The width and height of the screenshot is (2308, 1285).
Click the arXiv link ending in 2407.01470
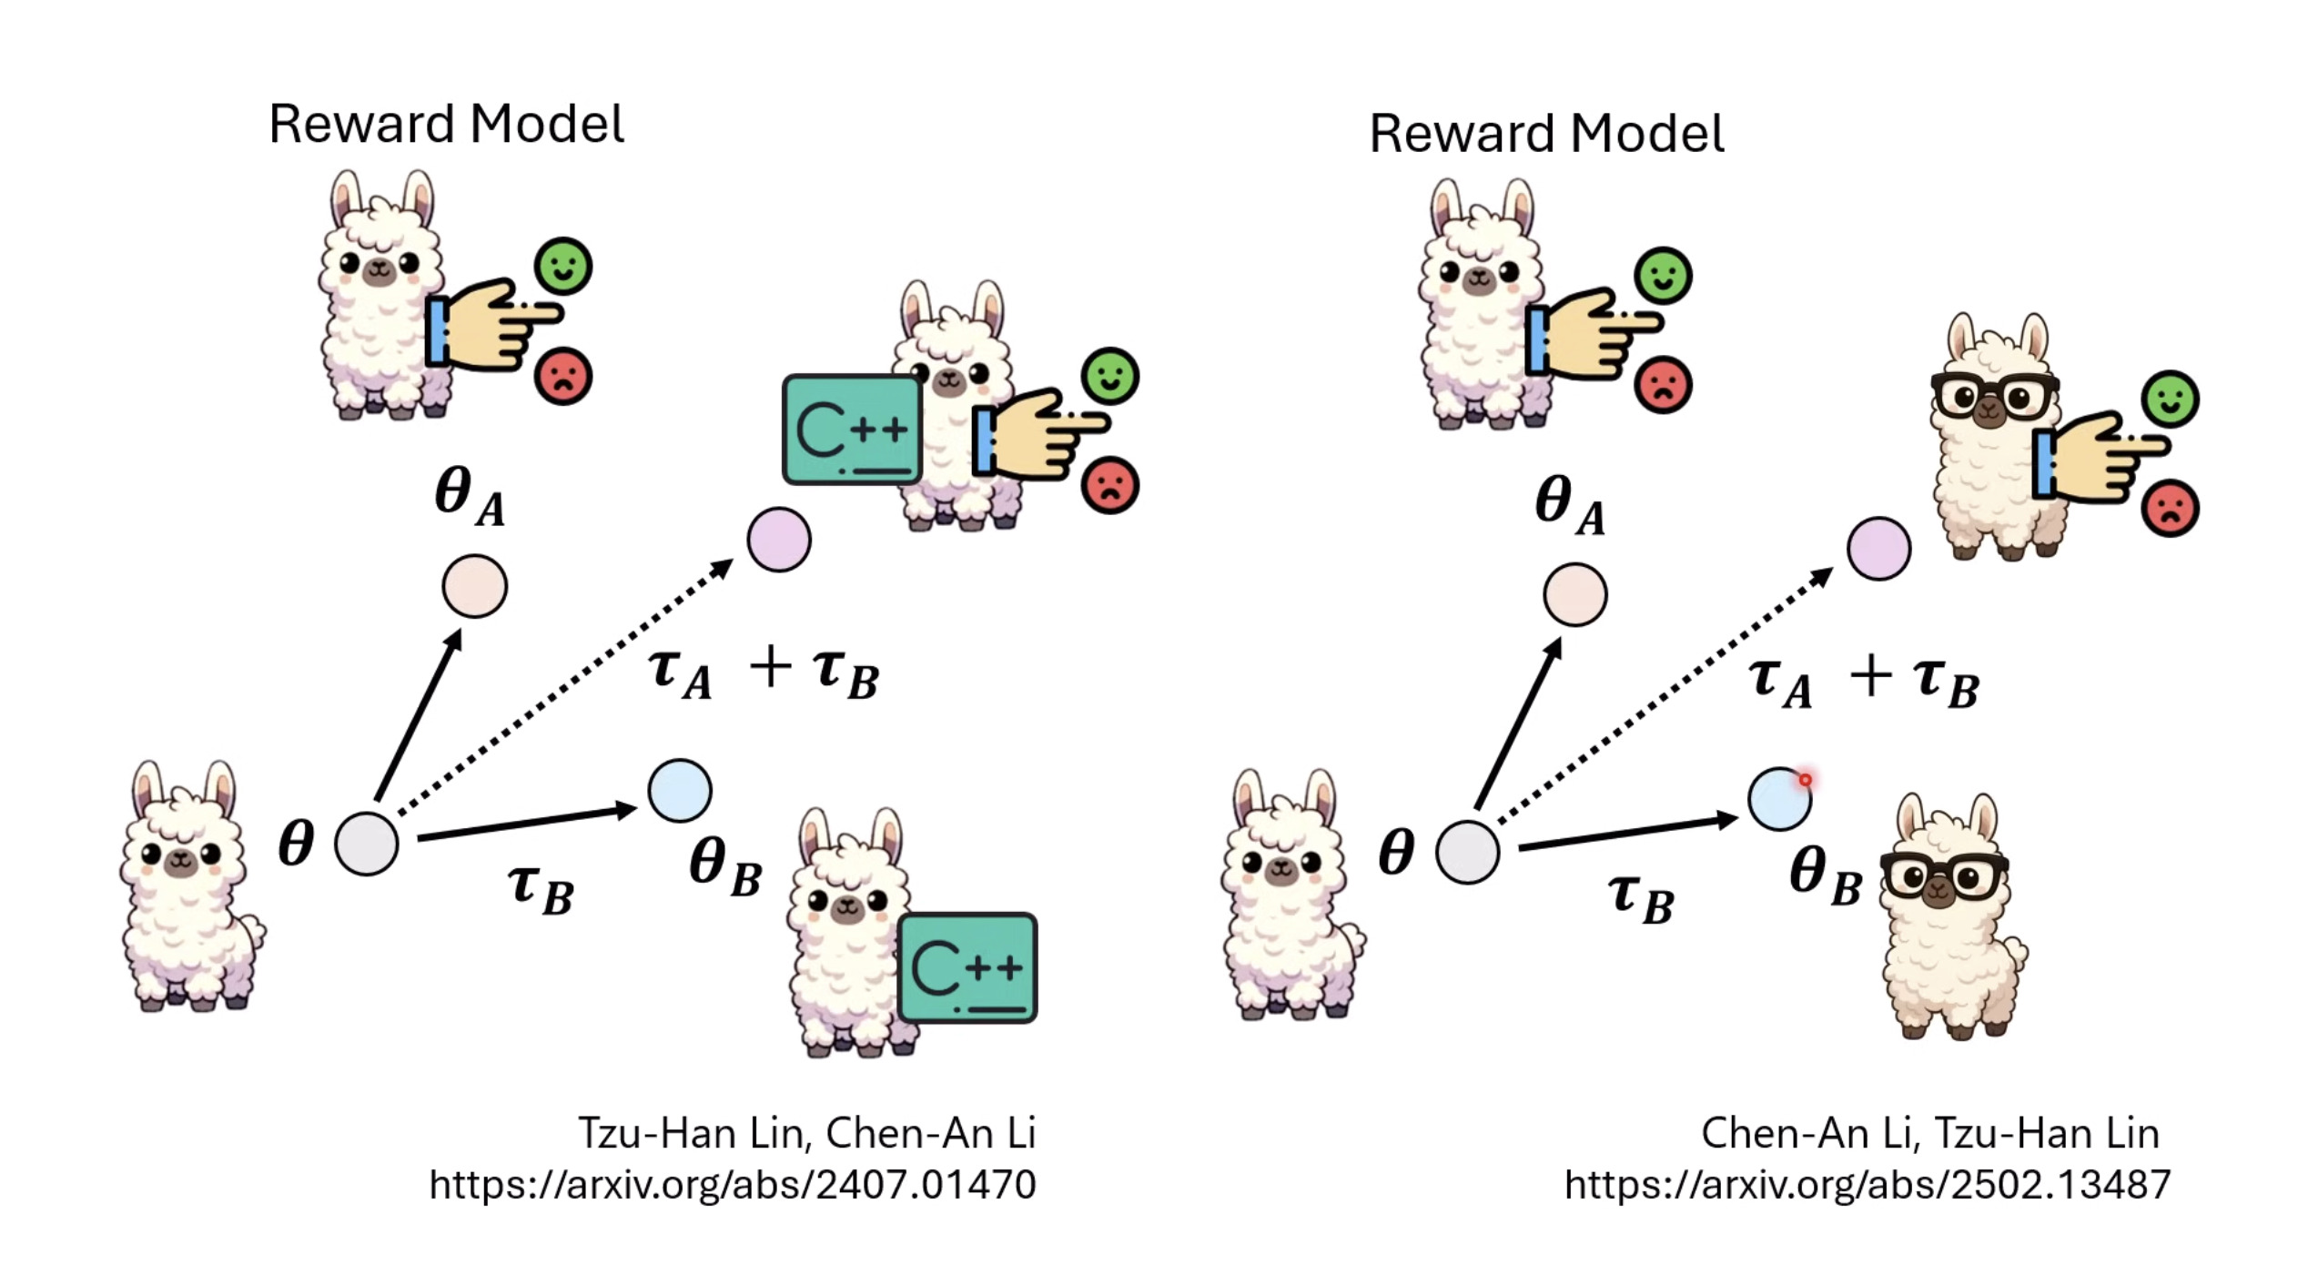[733, 1185]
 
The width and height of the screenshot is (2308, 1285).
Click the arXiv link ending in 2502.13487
[1868, 1185]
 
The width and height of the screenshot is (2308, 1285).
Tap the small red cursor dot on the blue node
[1805, 780]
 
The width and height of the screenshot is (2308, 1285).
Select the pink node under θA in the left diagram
[474, 586]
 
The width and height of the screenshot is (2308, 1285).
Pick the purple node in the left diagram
[779, 540]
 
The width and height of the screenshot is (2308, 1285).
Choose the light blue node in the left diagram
[680, 791]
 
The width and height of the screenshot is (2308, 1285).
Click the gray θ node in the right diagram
[1467, 852]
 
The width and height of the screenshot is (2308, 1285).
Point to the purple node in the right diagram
[1878, 549]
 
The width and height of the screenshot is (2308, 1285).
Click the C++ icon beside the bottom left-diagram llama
[967, 967]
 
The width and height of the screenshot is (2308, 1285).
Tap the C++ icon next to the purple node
[852, 430]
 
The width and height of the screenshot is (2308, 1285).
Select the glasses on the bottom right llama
[1944, 875]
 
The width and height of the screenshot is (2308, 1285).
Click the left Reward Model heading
[446, 125]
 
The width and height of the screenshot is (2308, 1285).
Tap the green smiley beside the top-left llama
[562, 266]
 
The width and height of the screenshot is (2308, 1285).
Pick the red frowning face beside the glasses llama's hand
[2171, 508]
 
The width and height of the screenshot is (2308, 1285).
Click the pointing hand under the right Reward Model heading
[1593, 333]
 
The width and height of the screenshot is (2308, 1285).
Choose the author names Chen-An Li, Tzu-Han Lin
[1929, 1134]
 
